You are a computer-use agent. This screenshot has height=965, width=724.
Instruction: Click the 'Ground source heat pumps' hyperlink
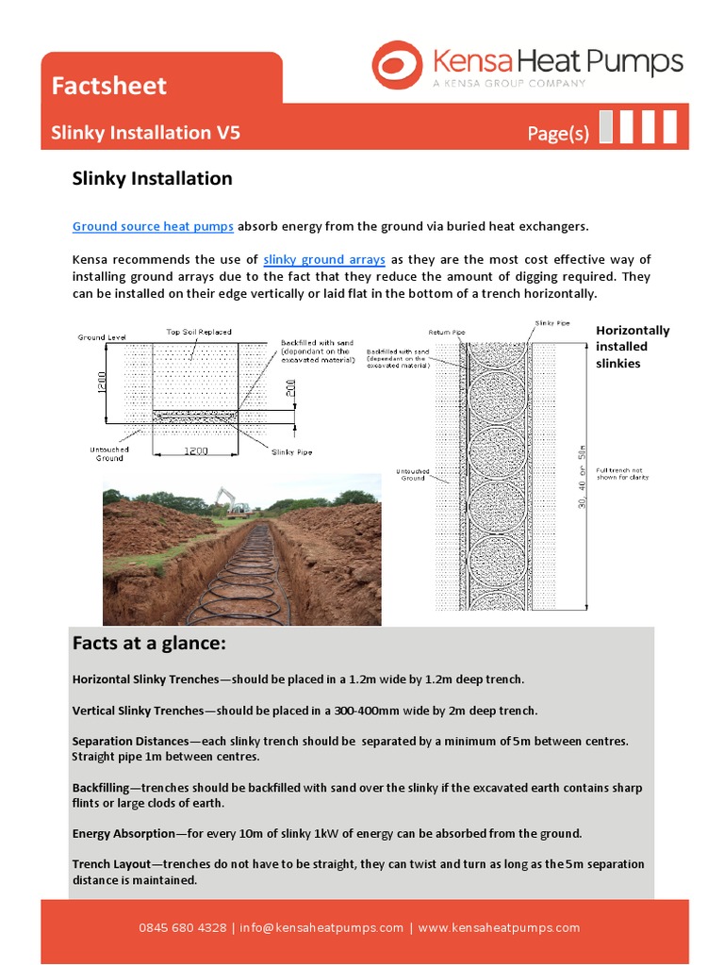(153, 226)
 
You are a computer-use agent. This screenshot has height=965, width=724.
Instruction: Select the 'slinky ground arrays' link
(324, 259)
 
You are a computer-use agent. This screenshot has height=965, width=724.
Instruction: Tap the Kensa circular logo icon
(397, 66)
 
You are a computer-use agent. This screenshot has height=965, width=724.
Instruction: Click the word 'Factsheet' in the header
(108, 86)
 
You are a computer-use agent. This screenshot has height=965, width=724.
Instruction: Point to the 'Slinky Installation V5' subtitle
(145, 132)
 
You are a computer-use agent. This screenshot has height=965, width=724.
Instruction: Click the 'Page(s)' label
(558, 134)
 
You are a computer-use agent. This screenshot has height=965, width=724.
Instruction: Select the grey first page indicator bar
(606, 127)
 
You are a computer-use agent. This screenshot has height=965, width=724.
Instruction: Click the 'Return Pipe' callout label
(447, 332)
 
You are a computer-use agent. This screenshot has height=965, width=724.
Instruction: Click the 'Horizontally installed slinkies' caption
(632, 346)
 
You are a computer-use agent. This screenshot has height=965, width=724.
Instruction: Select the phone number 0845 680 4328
(182, 927)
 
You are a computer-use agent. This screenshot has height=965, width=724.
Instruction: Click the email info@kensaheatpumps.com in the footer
(321, 927)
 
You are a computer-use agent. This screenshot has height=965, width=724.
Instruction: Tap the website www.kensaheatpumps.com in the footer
(499, 927)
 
